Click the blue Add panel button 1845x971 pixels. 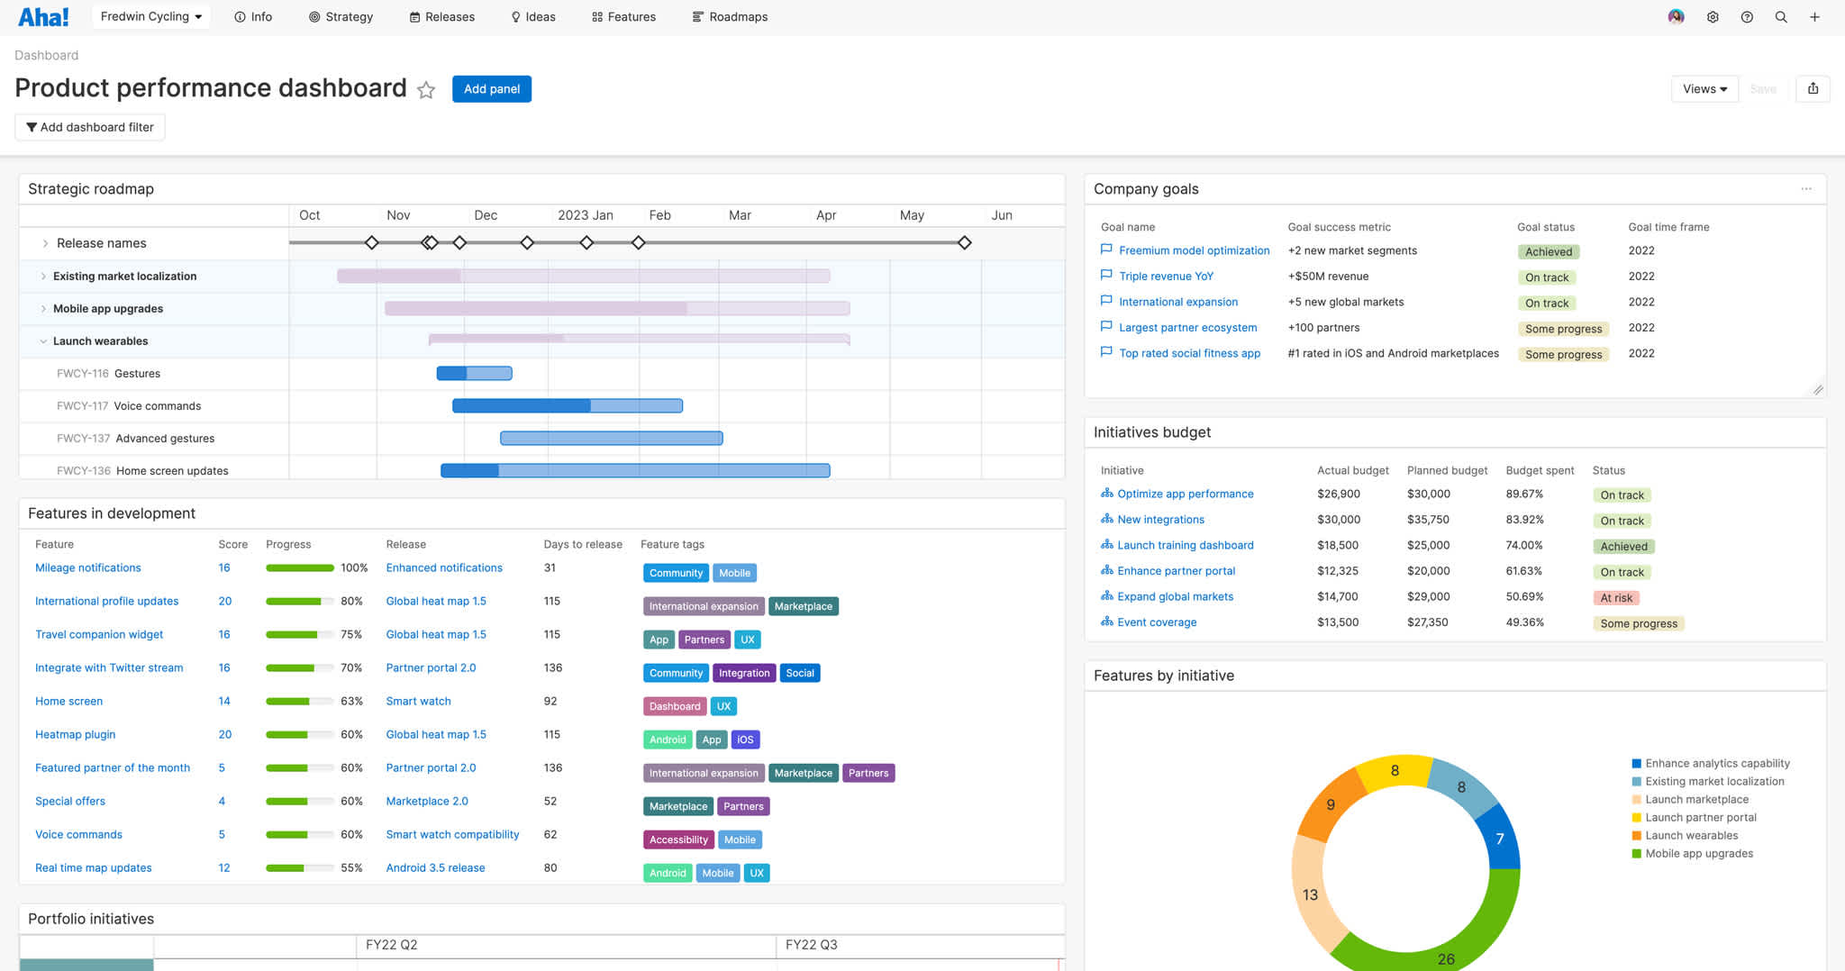tap(491, 89)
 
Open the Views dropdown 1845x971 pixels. tap(1704, 89)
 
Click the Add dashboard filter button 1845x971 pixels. tap(90, 127)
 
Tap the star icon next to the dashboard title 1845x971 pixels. tap(426, 90)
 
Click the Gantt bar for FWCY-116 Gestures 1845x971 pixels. tap(475, 373)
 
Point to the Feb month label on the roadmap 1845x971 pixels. tap(659, 215)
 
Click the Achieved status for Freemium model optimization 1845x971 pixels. tap(1548, 252)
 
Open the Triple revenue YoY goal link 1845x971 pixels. tap(1166, 277)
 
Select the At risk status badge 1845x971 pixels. tap(1616, 598)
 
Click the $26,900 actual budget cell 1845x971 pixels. tap(1338, 494)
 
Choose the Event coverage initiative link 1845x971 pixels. tap(1157, 622)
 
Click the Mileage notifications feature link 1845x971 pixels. tap(88, 567)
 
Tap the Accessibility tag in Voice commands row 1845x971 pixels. tap(678, 839)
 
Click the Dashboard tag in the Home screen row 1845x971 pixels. tap(674, 706)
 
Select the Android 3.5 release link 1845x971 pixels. tap(435, 867)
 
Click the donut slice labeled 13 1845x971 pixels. tap(1309, 894)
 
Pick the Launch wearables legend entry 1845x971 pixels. tap(1691, 835)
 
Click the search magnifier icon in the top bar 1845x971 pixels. tap(1781, 17)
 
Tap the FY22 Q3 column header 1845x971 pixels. tap(811, 945)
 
